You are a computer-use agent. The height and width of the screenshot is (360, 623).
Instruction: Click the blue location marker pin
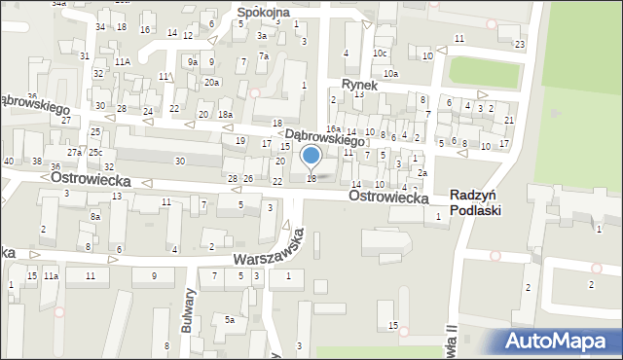coord(311,156)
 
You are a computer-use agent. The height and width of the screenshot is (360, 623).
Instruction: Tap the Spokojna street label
coord(264,13)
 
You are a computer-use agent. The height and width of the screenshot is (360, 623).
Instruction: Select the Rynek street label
coord(357,85)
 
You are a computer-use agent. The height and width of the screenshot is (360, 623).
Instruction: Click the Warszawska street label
coord(270,250)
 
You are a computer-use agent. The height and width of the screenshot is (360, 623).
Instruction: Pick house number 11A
coord(123,61)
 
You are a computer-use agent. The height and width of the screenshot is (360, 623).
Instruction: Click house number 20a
coord(211,82)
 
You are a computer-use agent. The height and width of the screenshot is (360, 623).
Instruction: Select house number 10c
coord(380,53)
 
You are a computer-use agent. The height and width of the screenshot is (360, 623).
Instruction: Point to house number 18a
coord(225,115)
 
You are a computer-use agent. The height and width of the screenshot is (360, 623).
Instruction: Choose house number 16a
coord(333,129)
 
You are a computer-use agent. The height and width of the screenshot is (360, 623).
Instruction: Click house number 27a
coord(74,153)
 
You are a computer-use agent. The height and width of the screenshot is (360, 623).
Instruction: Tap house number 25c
coord(95,153)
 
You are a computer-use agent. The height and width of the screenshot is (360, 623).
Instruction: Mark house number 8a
coord(95,216)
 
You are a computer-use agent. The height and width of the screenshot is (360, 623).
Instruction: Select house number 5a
coord(230,319)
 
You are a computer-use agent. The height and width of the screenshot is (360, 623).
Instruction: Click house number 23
coord(520,45)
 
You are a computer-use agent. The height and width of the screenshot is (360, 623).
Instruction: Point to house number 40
coord(9,161)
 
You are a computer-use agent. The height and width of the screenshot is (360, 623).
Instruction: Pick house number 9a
coord(193,62)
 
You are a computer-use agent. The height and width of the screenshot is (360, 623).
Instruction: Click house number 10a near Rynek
coord(390,74)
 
